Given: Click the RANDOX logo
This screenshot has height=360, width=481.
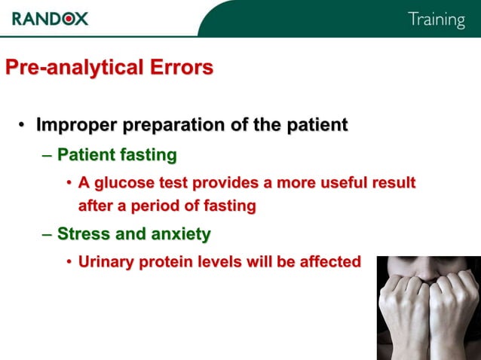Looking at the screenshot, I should click(50, 18).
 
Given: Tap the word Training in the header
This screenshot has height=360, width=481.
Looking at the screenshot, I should click(436, 20).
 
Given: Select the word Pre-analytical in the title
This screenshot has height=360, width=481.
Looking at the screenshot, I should click(68, 68).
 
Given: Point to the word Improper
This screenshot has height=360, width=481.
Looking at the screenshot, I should click(72, 125).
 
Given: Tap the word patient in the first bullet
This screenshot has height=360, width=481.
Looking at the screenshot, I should click(317, 125).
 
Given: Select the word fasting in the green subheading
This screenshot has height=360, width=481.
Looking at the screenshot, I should click(149, 156).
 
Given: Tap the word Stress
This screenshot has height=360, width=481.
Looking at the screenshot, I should click(83, 234).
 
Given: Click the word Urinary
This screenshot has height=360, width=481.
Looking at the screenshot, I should click(109, 262).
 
